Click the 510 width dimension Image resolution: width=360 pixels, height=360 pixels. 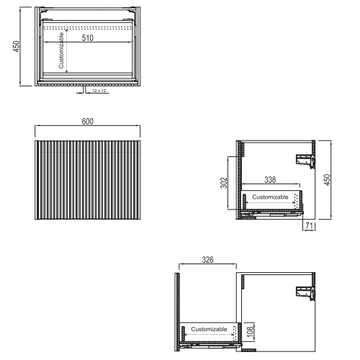tap(88, 38)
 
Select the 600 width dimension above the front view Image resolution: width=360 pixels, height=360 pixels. tap(88, 122)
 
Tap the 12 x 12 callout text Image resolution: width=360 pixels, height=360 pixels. tap(99, 91)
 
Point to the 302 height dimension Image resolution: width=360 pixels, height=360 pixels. tap(224, 183)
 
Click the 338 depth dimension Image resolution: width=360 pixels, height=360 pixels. tap(270, 179)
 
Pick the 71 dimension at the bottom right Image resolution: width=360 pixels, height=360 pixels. tap(310, 225)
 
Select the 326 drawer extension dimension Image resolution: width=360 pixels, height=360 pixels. tap(207, 260)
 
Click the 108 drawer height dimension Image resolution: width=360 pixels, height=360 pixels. tap(250, 332)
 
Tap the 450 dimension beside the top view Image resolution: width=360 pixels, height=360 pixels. tap(16, 46)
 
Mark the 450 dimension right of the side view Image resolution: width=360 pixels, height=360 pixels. tap(327, 180)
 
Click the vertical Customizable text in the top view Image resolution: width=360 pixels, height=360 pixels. tap(61, 50)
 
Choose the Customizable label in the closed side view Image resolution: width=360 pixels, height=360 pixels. tap(270, 197)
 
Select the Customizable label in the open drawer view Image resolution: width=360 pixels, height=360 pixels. tap(209, 329)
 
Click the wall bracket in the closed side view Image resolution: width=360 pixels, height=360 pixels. tap(305, 161)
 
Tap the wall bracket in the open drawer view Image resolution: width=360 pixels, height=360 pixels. tap(305, 294)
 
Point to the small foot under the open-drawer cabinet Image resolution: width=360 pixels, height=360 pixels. tap(249, 350)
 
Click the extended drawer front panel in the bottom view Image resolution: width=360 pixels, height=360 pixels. tap(177, 312)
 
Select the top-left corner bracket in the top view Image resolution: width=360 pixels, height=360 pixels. tap(44, 10)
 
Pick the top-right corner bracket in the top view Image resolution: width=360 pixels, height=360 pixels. tap(131, 10)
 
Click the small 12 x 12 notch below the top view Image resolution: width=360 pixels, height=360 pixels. tap(84, 89)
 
